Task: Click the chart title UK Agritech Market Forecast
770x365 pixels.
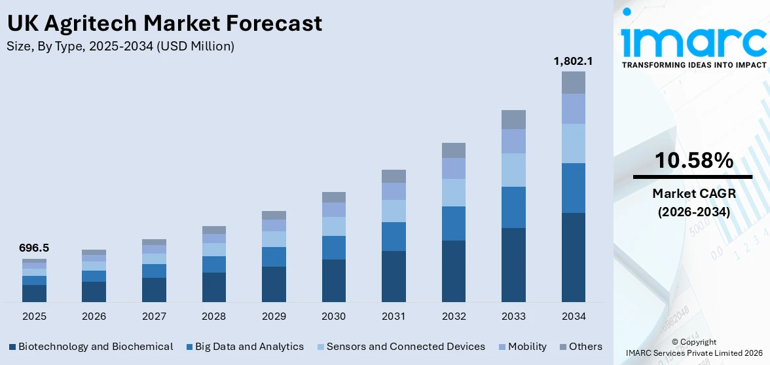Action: click(x=164, y=24)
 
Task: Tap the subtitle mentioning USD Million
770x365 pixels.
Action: click(x=120, y=47)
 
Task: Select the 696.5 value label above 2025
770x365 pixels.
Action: click(x=34, y=248)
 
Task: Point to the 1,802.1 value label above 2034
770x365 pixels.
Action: click(x=573, y=61)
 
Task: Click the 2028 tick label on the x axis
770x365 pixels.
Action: click(x=213, y=317)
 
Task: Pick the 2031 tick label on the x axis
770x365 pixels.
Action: click(x=394, y=317)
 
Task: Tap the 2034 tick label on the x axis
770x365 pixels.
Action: click(x=573, y=317)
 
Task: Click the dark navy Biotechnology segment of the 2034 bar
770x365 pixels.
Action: click(x=573, y=257)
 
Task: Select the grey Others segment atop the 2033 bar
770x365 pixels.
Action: click(x=513, y=119)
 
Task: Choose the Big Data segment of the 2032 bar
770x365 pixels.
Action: click(x=453, y=223)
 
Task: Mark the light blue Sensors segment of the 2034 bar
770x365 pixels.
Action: click(x=573, y=143)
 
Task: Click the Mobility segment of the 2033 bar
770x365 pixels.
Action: click(x=513, y=141)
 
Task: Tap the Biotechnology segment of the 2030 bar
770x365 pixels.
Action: click(x=333, y=280)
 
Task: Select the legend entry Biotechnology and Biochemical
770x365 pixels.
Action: click(x=91, y=347)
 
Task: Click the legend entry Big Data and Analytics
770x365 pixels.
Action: click(x=245, y=347)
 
